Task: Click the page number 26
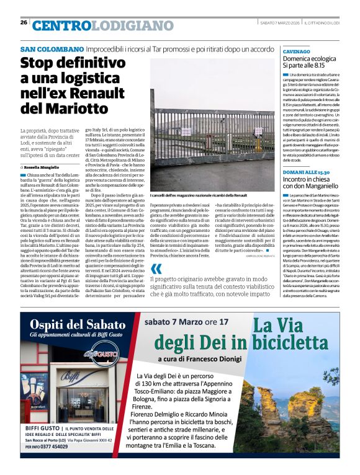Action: (24, 22)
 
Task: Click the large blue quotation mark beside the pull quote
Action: (157, 268)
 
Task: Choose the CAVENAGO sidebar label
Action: (296, 51)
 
